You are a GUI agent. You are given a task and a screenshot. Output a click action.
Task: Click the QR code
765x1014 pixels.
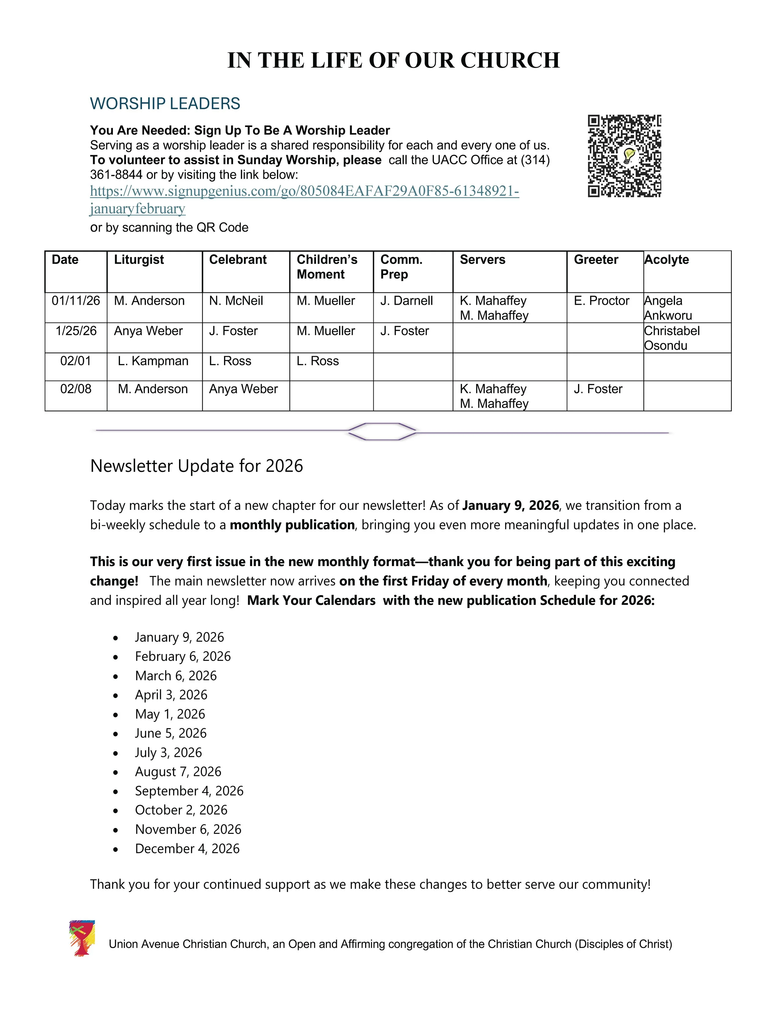point(624,156)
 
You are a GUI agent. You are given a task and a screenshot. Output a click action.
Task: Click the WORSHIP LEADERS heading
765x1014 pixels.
point(165,104)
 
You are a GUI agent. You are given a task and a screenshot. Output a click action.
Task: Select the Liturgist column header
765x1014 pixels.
point(139,259)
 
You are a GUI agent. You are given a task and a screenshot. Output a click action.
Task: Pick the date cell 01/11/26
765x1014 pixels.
point(76,301)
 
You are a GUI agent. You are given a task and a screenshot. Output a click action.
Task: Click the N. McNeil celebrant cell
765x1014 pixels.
point(236,301)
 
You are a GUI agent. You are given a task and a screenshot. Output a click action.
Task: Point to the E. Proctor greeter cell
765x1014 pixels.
point(601,301)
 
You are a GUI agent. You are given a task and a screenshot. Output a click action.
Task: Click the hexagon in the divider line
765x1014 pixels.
point(382,431)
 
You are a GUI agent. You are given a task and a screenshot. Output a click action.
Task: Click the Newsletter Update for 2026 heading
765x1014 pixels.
point(197,466)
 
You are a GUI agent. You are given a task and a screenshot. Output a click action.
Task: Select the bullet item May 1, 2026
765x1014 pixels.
point(170,714)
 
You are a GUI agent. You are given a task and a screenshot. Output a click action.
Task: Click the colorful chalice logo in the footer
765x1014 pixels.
point(82,938)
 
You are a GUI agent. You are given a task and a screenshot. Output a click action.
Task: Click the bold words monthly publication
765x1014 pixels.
point(292,525)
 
